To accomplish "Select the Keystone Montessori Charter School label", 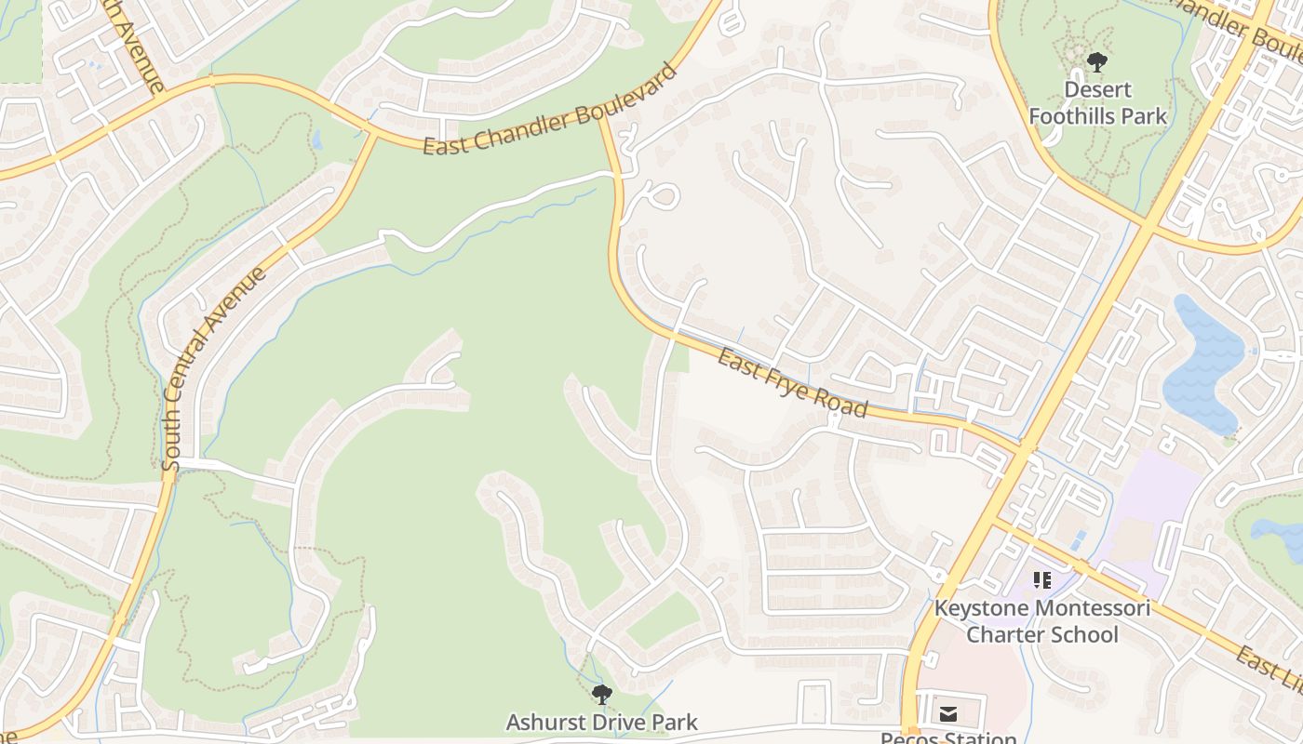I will coord(1042,622).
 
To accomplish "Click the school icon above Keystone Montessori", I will coord(1042,580).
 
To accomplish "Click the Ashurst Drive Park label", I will coord(601,722).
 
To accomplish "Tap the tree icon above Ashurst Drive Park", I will coord(602,694).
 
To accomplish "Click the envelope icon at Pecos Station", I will coord(947,714).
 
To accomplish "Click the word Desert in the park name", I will coord(1097,90).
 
